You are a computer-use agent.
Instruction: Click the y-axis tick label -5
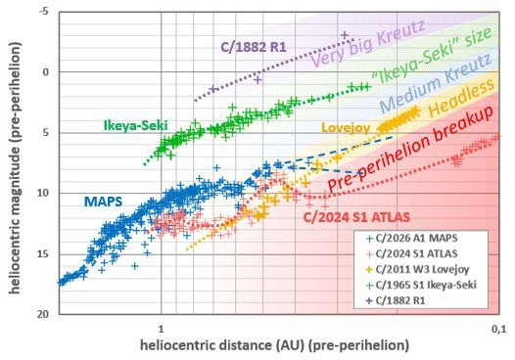pos(44,12)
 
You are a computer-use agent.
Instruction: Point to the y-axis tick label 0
pos(46,72)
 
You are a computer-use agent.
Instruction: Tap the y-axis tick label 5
pos(46,133)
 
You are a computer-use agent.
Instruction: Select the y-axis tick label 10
pos(43,193)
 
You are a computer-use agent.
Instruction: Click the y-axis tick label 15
pos(43,253)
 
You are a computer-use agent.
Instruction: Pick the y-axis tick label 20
pos(43,314)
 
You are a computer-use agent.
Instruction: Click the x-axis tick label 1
pos(161,329)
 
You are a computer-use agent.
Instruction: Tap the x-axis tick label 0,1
pos(499,329)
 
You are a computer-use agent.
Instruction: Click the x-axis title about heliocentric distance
pos(274,345)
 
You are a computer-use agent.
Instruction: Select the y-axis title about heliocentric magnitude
pos(15,167)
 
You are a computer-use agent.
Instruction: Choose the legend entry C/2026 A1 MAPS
pos(412,238)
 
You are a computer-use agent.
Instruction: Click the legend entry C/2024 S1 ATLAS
pos(412,253)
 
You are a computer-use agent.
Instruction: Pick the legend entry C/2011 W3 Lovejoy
pos(417,269)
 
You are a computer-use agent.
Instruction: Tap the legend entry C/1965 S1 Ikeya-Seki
pos(421,285)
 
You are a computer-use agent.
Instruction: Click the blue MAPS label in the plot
pos(103,202)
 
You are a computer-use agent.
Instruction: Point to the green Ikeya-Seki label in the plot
pos(136,125)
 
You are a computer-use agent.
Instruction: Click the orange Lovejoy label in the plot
pos(346,128)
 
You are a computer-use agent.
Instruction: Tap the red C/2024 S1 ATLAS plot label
pos(356,217)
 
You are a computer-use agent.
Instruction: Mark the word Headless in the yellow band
pos(461,98)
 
